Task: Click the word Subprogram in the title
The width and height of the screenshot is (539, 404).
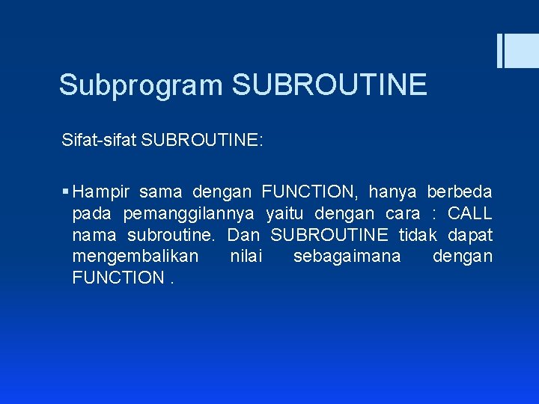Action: coord(141,85)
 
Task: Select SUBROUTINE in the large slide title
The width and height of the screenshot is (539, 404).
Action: coord(329,85)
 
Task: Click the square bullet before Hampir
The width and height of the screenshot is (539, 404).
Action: coord(67,192)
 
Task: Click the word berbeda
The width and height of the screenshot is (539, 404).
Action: coord(460,192)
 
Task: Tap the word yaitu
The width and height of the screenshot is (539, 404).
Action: coord(284,214)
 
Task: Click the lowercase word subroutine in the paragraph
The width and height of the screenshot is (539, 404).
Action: coord(171,235)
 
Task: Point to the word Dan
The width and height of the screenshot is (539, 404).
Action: coord(243,235)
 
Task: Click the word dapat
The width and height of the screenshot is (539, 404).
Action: coord(470,235)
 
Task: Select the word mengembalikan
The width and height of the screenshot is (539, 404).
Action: coord(135,257)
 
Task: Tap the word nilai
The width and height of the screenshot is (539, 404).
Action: coord(246,257)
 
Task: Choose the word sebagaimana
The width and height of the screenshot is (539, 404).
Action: coord(347,257)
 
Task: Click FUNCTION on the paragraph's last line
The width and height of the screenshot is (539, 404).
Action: coord(118,278)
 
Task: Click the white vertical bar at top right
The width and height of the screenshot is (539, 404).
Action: coord(500,51)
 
